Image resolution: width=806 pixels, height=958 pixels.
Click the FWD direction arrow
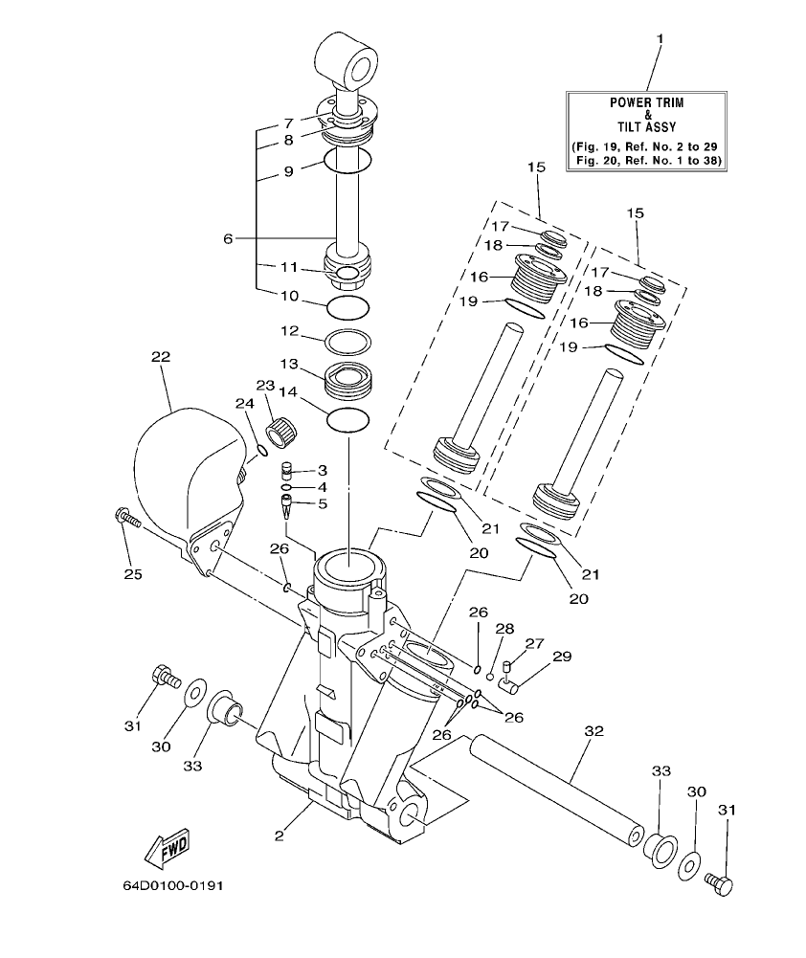point(166,846)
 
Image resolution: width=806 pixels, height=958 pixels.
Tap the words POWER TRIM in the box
point(646,101)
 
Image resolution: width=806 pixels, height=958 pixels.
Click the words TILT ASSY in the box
point(646,126)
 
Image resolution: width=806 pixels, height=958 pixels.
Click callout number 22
point(160,357)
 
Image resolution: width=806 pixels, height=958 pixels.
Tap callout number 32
point(593,731)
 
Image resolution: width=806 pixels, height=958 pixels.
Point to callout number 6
point(228,238)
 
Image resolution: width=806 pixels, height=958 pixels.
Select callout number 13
point(289,364)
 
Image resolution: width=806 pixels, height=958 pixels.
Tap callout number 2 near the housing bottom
point(280,836)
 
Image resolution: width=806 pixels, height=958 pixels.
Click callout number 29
point(562,657)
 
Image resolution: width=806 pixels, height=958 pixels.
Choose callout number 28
point(504,629)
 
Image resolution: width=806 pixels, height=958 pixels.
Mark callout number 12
point(289,331)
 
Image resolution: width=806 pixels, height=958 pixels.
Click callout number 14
point(289,391)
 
